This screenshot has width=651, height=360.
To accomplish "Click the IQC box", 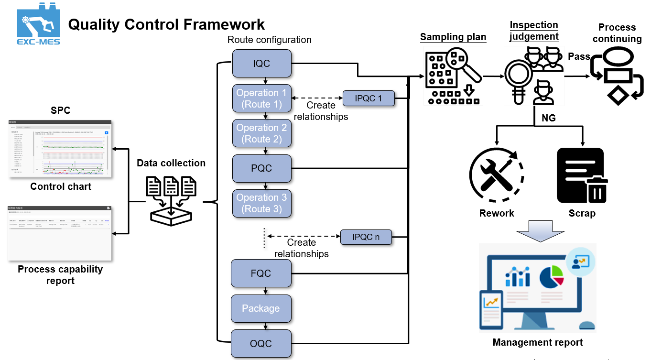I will point(261,63).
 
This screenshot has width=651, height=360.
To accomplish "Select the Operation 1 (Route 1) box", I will point(261,98).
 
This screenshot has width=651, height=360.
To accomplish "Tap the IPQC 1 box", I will point(369,98).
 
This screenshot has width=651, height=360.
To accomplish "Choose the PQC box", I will point(261,168).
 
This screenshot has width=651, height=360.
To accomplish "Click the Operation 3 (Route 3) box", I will point(261,203).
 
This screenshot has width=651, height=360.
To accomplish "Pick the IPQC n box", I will point(366,237).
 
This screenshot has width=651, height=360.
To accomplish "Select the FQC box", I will point(261,273).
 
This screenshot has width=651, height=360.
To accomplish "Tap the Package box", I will point(261,308).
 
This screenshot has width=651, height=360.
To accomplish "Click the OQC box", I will point(261,343).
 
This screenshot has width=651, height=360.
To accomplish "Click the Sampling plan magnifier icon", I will point(453,76).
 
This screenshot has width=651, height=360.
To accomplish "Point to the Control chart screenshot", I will point(60,149).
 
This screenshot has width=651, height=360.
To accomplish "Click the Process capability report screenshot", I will point(60,233).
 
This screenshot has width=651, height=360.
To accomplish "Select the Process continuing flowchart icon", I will point(618,76).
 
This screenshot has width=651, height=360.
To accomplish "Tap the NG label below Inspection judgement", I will point(549,118).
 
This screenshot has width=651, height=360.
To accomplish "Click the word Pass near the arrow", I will point(579,56).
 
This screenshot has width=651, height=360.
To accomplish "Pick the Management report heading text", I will point(538,342).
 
